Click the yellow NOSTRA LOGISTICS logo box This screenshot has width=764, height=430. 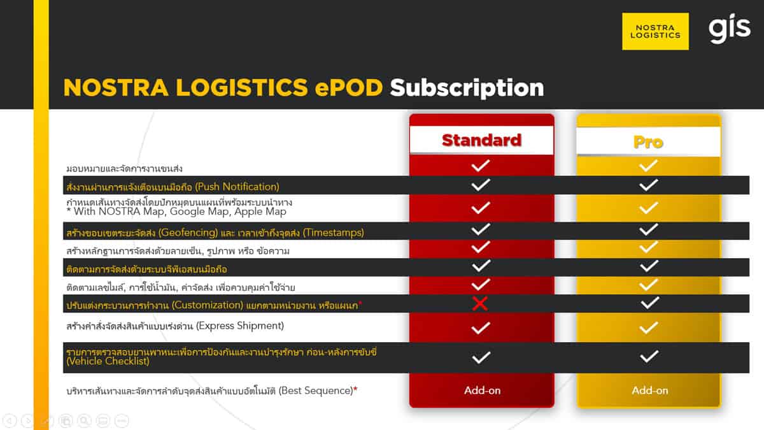pyautogui.click(x=655, y=31)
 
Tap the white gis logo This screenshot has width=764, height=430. pyautogui.click(x=730, y=30)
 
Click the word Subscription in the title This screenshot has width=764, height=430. pyautogui.click(x=467, y=88)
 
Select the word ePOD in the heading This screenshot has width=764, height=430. pyautogui.click(x=349, y=88)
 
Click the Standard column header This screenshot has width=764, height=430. pyautogui.click(x=481, y=140)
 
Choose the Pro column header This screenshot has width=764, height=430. pyautogui.click(x=648, y=142)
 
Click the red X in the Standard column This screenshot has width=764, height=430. pyautogui.click(x=480, y=303)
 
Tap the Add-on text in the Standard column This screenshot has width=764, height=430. pyautogui.click(x=483, y=391)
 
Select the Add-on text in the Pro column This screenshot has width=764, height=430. pyautogui.click(x=650, y=391)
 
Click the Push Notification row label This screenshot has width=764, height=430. pyautogui.click(x=173, y=187)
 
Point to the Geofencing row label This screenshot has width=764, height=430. pyautogui.click(x=215, y=233)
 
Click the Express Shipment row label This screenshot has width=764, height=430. pyautogui.click(x=175, y=326)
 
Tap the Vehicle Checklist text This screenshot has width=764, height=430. pyautogui.click(x=108, y=361)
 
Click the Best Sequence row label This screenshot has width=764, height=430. pyautogui.click(x=212, y=391)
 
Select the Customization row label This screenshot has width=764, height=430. pyautogui.click(x=214, y=305)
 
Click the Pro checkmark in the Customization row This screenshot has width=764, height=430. pyautogui.click(x=649, y=303)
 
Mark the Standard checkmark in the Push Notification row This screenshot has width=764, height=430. pyautogui.click(x=481, y=185)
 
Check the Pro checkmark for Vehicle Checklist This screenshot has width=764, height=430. pyautogui.click(x=649, y=357)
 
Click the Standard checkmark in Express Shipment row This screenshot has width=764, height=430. pyautogui.click(x=481, y=328)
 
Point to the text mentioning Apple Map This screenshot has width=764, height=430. pyautogui.click(x=176, y=211)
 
